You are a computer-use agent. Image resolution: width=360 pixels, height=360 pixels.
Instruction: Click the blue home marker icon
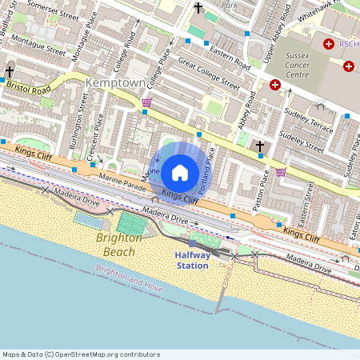click(x=180, y=172)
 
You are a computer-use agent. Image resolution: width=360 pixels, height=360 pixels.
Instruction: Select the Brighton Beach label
click(x=119, y=245)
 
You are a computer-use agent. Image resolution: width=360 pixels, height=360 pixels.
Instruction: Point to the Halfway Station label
click(x=193, y=260)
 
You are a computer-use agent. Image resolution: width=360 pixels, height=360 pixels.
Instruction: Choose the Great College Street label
click(x=209, y=72)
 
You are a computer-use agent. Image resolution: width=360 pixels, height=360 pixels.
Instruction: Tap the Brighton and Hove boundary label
click(x=128, y=277)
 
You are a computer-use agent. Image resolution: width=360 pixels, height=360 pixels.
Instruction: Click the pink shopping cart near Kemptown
click(x=146, y=102)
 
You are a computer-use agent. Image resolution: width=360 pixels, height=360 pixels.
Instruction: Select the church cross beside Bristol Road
click(x=10, y=71)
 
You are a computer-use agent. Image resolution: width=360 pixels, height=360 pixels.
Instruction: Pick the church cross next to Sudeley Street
click(x=259, y=146)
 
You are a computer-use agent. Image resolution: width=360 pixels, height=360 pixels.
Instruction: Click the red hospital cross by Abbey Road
click(x=274, y=85)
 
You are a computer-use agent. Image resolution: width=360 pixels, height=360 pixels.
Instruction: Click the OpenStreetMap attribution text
click(x=81, y=354)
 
